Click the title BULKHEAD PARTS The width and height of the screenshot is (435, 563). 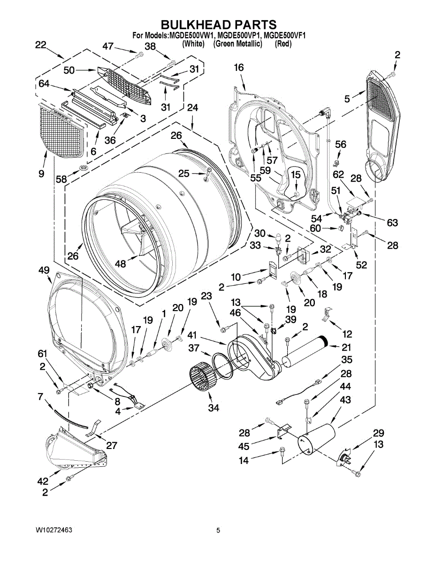[x=219, y=24]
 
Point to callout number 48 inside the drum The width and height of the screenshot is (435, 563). [x=121, y=264]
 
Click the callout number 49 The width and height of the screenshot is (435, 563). [x=44, y=270]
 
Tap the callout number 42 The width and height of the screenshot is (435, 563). [x=43, y=481]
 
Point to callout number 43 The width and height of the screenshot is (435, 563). [x=345, y=400]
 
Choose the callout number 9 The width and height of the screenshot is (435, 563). [x=41, y=174]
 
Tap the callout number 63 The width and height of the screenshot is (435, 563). [x=392, y=222]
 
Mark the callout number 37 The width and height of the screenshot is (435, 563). [x=194, y=348]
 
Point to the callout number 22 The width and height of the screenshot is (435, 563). [x=41, y=45]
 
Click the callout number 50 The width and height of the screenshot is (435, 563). [x=69, y=70]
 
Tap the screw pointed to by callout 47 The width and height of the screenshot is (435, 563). [x=140, y=54]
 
